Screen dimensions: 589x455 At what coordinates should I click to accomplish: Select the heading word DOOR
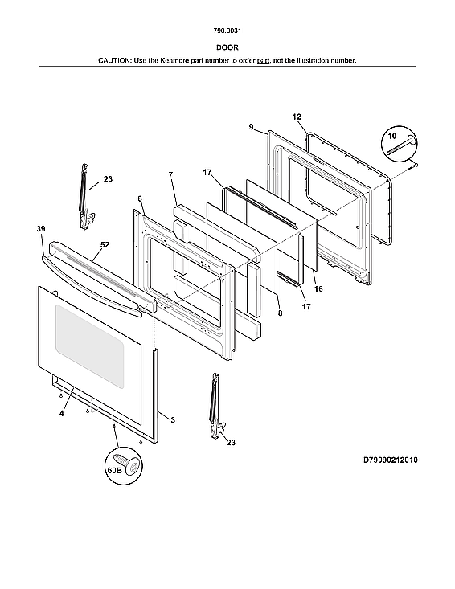click(x=227, y=47)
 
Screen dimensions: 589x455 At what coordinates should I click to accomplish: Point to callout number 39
click(x=41, y=230)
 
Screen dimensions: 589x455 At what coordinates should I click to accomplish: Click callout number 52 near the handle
click(x=105, y=244)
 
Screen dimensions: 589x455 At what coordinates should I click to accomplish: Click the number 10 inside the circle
click(x=391, y=137)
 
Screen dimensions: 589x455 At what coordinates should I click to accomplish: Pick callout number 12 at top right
click(x=297, y=117)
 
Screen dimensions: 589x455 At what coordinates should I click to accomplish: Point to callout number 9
click(x=251, y=126)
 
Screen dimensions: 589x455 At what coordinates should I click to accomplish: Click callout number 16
click(x=318, y=288)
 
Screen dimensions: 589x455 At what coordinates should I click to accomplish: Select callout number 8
click(x=280, y=313)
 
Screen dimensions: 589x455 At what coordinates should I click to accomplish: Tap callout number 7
click(x=170, y=174)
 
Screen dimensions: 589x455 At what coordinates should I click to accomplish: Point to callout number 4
click(x=61, y=413)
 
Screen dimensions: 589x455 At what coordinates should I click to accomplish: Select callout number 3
click(x=172, y=419)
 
